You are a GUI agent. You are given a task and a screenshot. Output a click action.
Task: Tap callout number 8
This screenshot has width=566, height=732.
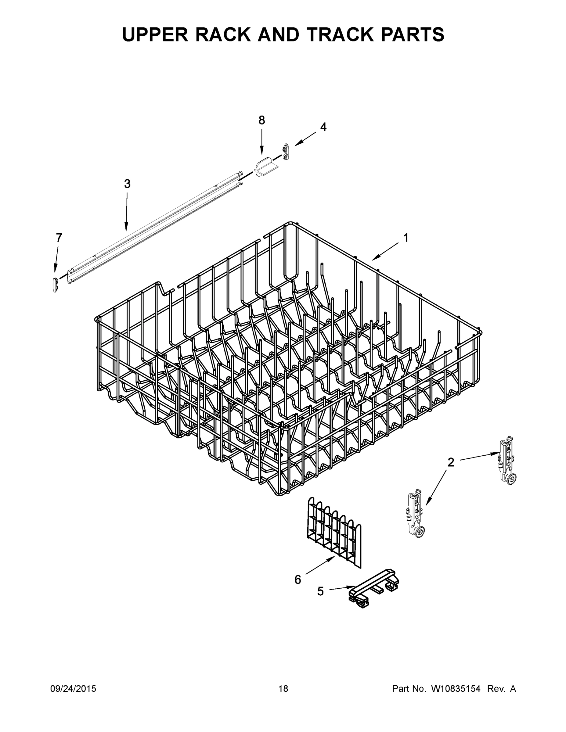(x=261, y=120)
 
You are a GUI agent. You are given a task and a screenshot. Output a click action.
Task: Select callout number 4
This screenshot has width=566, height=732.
(x=323, y=127)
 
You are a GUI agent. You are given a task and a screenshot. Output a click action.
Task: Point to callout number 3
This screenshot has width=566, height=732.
(x=127, y=184)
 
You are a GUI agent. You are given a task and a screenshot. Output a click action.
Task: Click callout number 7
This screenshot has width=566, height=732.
(x=59, y=238)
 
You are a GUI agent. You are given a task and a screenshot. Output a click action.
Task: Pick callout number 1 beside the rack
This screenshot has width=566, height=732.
(x=406, y=238)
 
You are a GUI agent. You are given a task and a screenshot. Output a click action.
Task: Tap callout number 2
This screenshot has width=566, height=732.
(x=451, y=462)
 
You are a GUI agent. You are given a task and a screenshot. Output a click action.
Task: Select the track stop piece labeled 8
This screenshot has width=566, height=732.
(x=265, y=167)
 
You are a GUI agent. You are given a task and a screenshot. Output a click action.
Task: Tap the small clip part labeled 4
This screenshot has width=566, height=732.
(x=285, y=152)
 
